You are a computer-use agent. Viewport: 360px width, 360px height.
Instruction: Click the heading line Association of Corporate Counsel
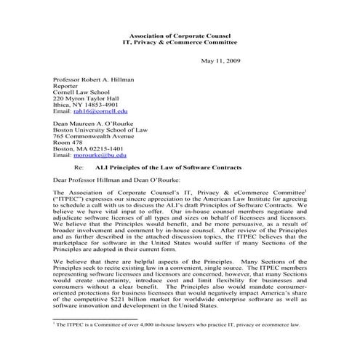point(179,35)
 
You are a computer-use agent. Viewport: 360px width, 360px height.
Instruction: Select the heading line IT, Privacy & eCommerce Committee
point(179,42)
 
